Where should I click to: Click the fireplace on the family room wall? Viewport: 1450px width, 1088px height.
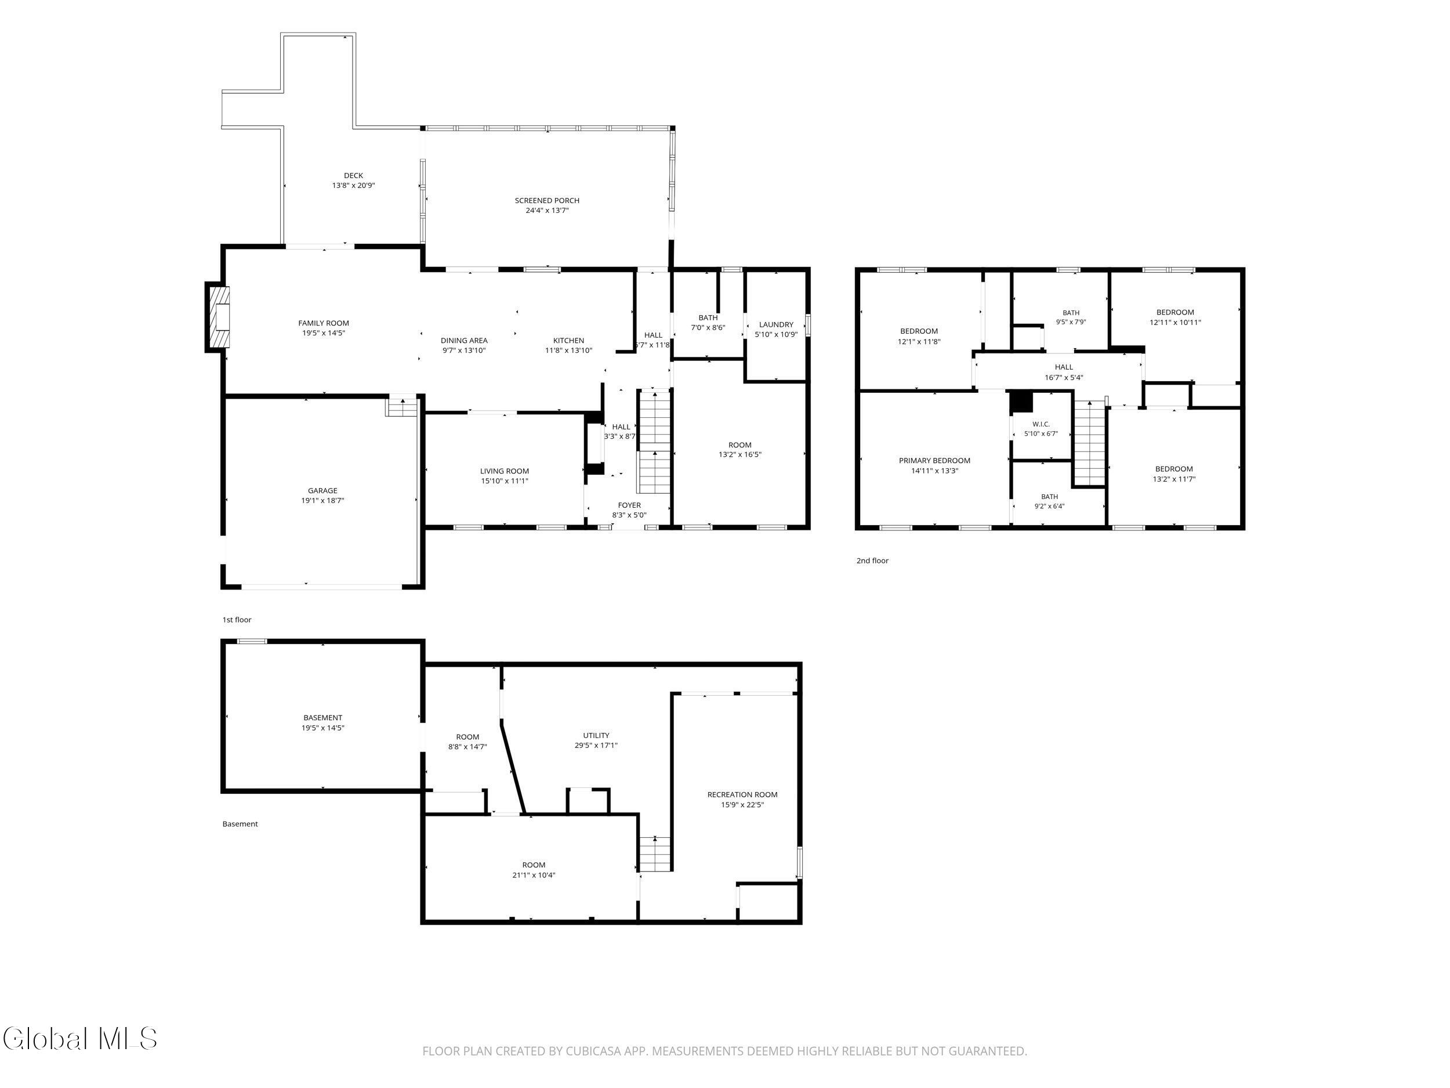point(219,317)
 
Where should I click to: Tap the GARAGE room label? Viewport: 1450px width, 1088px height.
point(322,490)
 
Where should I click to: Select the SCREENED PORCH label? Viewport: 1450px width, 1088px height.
point(547,201)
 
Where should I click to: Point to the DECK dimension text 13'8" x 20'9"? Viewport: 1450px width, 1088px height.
point(353,186)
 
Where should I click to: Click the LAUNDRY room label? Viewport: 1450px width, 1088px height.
point(776,324)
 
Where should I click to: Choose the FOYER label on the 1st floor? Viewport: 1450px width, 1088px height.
point(629,505)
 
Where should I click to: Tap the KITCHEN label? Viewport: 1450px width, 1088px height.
point(568,341)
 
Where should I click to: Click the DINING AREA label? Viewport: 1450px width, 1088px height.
point(464,341)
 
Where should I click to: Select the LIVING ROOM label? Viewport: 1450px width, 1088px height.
point(504,471)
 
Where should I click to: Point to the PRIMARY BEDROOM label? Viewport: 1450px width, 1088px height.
point(934,460)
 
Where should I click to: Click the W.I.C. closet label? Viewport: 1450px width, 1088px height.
point(1041,424)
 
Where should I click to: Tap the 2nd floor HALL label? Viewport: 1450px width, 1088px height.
point(1064,367)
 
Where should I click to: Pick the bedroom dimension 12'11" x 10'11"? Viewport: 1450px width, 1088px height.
point(1175,323)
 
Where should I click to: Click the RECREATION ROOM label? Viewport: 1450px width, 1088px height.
point(742,795)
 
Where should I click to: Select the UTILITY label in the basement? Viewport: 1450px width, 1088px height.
point(596,736)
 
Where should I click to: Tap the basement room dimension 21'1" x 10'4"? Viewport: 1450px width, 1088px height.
point(534,875)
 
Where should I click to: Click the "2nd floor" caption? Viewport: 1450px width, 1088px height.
point(872,561)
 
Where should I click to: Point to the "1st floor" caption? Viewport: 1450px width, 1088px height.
point(237,620)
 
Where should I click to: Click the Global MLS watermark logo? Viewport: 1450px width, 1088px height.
point(80,1038)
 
